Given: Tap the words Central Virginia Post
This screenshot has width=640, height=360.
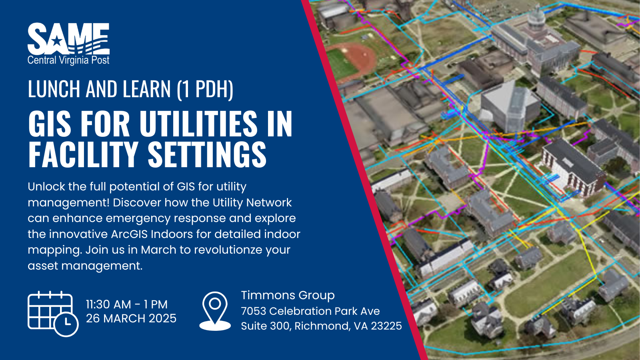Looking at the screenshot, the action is [68, 60].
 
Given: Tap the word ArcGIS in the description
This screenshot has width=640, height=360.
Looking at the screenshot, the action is [129, 234].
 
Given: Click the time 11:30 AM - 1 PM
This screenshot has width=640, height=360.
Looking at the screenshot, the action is [127, 304].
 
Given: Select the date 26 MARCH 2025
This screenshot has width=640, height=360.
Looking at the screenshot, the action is [132, 318].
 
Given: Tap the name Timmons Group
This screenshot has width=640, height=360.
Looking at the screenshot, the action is [288, 296].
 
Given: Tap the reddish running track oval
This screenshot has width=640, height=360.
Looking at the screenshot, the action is [352, 60].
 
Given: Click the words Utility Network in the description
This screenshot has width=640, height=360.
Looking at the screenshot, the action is [252, 203].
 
